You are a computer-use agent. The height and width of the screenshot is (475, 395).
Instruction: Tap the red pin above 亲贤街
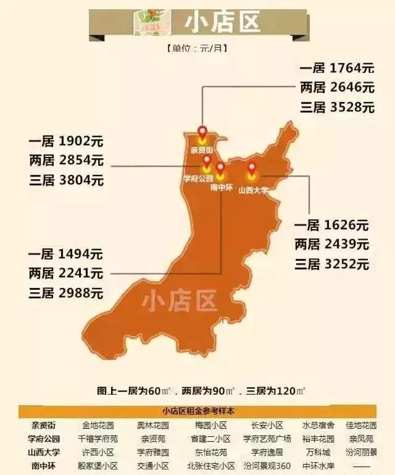202,132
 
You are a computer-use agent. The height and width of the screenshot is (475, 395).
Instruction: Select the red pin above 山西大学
252,167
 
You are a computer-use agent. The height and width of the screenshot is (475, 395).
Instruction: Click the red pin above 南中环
220,168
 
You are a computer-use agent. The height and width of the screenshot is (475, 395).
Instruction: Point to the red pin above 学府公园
207,161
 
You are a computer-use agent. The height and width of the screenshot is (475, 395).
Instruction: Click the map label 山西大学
254,190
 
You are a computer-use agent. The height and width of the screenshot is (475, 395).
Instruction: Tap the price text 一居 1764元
336,67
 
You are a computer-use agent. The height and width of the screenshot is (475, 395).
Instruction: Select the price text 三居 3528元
336,106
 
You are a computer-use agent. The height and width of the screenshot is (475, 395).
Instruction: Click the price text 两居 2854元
66,161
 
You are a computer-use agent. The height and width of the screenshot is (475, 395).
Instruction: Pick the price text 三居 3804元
66,180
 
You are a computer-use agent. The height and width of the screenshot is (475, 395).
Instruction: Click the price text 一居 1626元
331,225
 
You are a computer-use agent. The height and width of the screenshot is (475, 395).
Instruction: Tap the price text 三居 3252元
331,264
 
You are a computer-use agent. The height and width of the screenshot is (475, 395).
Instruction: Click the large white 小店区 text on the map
179,303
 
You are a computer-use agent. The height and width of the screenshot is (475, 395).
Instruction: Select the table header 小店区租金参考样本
198,411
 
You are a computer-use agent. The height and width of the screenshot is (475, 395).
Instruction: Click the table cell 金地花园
98,426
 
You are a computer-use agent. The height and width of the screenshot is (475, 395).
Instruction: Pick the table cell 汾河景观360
267,466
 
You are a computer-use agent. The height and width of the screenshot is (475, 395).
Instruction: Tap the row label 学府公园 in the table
44,439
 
